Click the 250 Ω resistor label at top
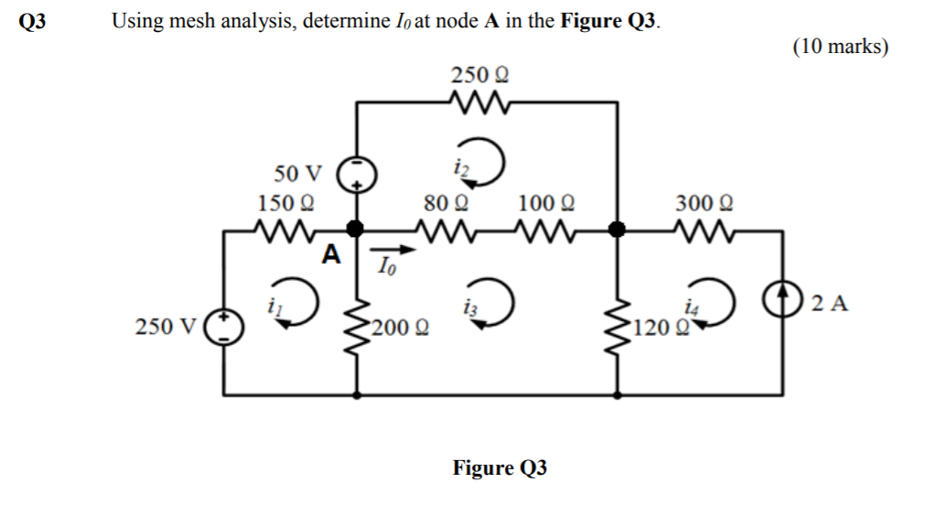tap(479, 74)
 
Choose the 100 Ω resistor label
tap(546, 202)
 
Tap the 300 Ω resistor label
tap(704, 202)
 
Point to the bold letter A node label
tap(331, 253)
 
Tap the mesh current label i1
tap(271, 307)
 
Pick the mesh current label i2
tap(457, 166)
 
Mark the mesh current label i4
tap(689, 308)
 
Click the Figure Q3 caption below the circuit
tap(500, 468)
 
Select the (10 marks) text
tap(840, 48)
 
